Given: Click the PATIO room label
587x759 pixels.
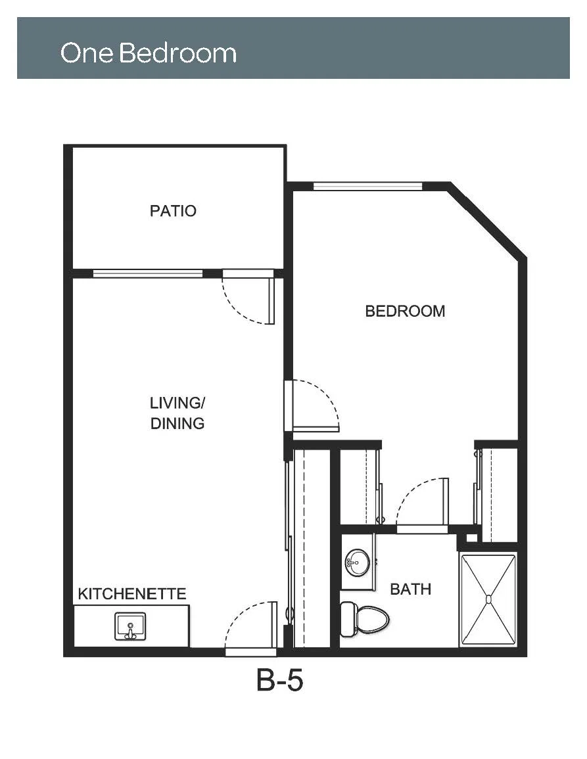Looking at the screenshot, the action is tap(173, 211).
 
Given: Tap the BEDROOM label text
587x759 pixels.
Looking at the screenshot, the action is tap(405, 311).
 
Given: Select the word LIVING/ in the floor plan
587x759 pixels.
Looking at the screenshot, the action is tap(177, 403).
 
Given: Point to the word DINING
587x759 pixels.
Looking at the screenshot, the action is tap(177, 424).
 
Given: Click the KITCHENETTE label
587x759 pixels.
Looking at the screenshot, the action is tap(131, 594).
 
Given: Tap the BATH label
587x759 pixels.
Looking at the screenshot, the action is tap(410, 589).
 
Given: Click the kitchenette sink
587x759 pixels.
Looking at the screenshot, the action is tap(130, 626).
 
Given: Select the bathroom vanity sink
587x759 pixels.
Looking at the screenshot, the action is tap(358, 563).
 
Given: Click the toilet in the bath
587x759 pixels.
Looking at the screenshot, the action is tap(365, 619).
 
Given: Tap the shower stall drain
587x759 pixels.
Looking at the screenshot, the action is tap(488, 599).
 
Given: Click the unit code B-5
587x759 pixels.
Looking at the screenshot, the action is tap(279, 680).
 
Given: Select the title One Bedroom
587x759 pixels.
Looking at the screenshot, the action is tap(148, 53).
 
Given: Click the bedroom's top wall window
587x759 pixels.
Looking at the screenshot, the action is tap(367, 187).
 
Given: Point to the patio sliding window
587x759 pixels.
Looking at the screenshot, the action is tap(148, 273).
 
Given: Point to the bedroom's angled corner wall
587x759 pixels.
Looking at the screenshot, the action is tap(486, 220).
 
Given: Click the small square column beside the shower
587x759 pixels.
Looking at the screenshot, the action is tap(471, 538).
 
